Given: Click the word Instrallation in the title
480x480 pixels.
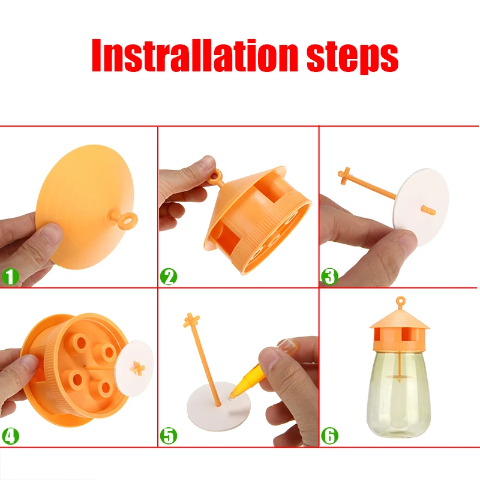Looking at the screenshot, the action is [x=195, y=56].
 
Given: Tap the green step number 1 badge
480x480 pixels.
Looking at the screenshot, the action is [x=11, y=277].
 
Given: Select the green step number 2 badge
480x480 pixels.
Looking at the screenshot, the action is [x=169, y=277].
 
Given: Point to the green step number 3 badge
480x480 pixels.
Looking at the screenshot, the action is [x=329, y=276].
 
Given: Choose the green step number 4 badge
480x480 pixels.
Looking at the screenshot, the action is [x=11, y=436].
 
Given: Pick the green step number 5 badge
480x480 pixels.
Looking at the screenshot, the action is [x=169, y=436].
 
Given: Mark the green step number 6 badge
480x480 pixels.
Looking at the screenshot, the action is [x=329, y=436].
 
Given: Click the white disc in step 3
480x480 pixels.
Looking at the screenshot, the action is [x=421, y=207].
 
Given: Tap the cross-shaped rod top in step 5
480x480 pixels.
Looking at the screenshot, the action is [x=191, y=320].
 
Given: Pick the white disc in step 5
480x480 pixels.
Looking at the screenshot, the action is [x=218, y=407].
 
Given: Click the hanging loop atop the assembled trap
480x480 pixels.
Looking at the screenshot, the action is [x=400, y=302].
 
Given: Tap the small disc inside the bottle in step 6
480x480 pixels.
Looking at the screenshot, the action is [x=399, y=376].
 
